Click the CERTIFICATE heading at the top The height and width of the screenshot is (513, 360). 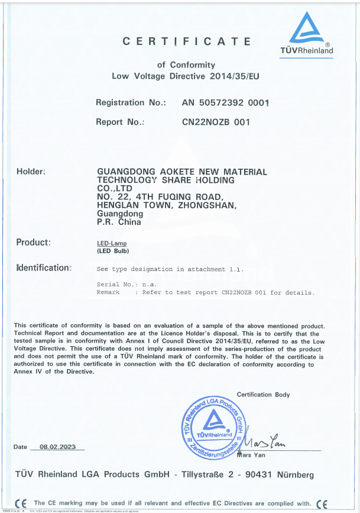(186, 41)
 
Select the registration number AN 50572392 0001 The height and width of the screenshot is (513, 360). (226, 102)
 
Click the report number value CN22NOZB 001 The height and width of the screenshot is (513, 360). (216, 122)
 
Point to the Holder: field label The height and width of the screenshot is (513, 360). (31, 172)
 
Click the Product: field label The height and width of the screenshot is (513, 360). (33, 242)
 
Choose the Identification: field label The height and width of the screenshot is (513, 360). (44, 267)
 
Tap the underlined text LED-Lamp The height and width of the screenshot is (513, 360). (112, 244)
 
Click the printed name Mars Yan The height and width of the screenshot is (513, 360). (250, 455)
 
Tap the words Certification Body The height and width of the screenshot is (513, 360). (263, 395)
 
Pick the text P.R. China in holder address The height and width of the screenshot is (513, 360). (119, 222)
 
